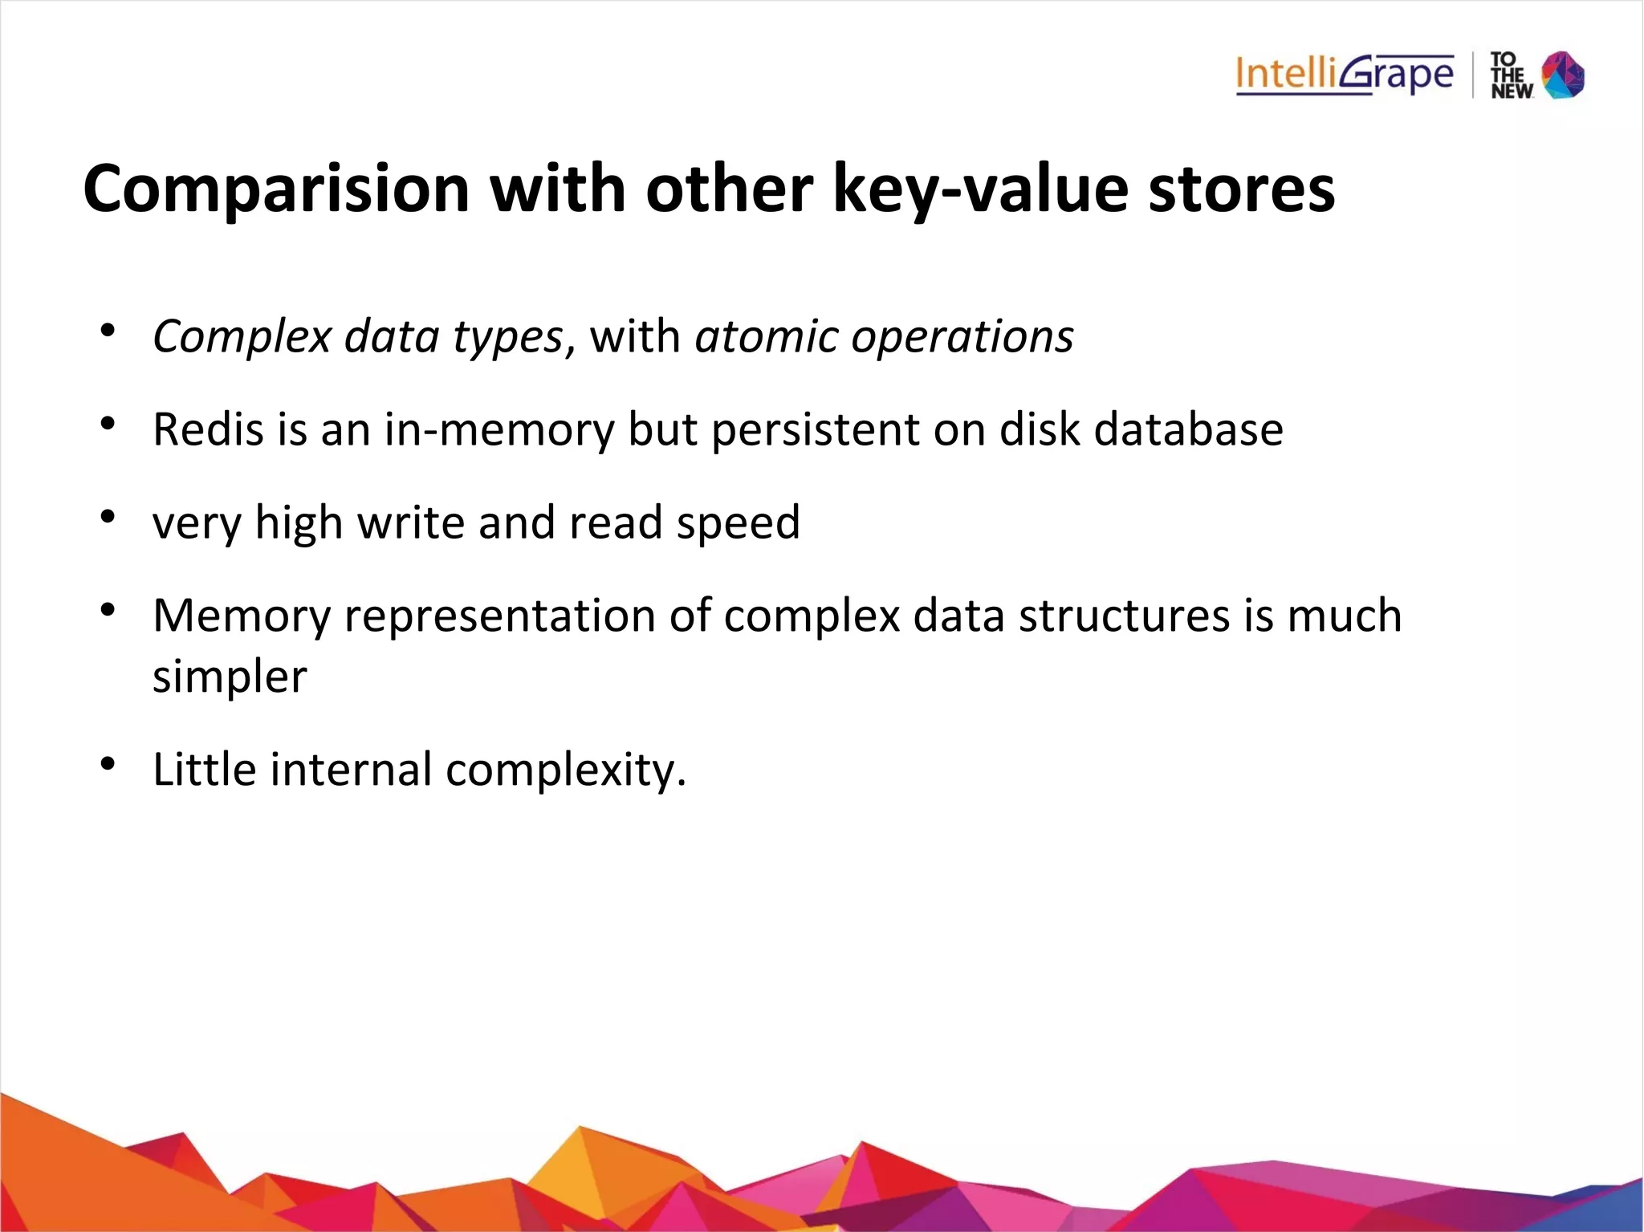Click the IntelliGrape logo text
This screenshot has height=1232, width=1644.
[1344, 75]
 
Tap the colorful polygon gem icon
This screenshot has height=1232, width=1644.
[1563, 75]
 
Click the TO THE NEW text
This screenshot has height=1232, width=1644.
[1511, 75]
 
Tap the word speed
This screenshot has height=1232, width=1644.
[738, 522]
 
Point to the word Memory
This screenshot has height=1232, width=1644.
[242, 616]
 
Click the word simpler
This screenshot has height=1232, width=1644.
[230, 677]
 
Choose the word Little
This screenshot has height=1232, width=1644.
[204, 769]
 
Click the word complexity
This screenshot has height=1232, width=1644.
[565, 769]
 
